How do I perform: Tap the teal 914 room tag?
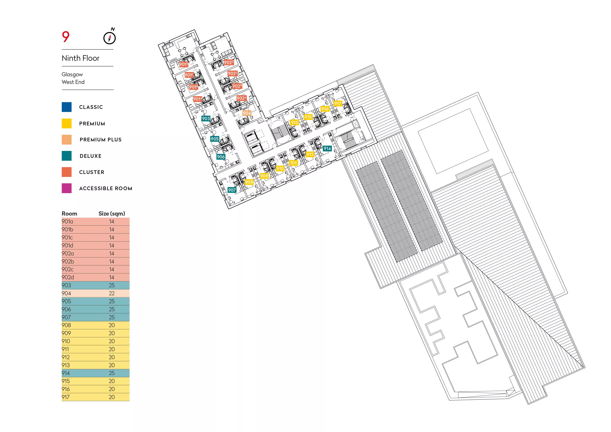(x=327, y=149)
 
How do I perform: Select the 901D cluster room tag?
(x=184, y=64)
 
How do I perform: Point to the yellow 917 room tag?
(x=338, y=103)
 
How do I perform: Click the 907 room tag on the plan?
(x=232, y=190)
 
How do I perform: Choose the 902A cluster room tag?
(x=241, y=98)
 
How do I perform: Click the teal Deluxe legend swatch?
(x=67, y=156)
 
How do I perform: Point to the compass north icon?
(x=109, y=37)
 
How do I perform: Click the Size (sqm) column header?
(x=111, y=214)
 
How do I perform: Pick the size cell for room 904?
(x=112, y=293)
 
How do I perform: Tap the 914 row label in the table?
(x=66, y=373)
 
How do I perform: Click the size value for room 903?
(x=112, y=285)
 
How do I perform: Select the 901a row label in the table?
(x=67, y=222)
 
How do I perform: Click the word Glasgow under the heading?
(x=72, y=75)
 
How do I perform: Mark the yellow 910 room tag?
(x=280, y=168)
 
